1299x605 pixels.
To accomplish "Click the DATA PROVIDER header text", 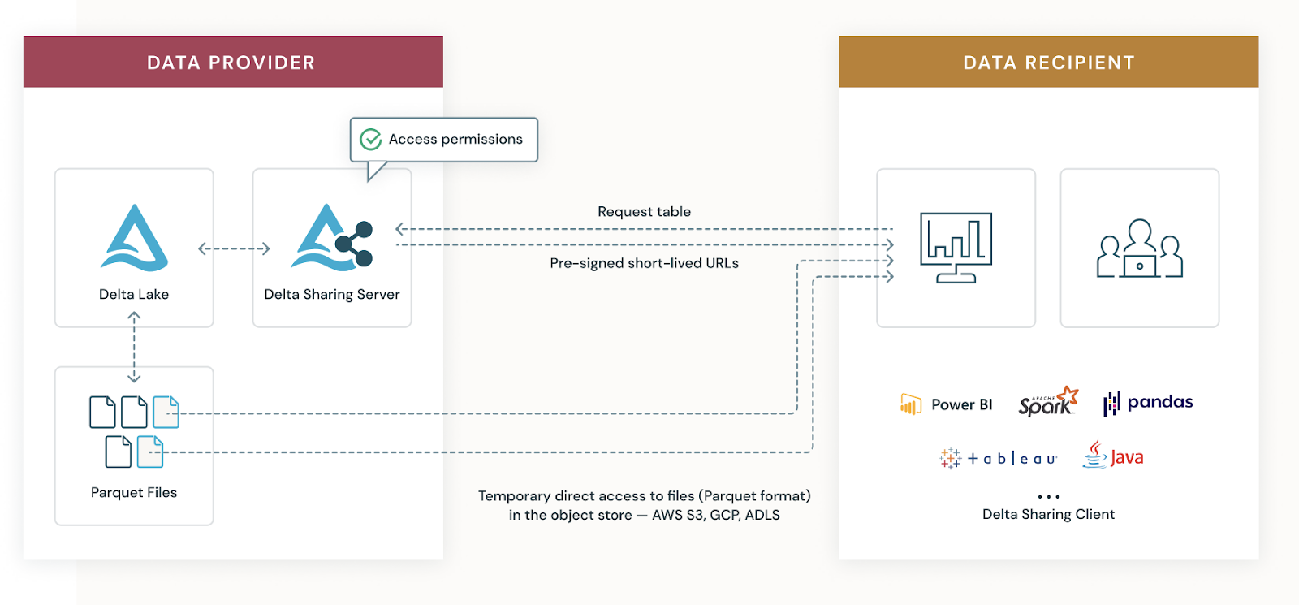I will pos(231,63).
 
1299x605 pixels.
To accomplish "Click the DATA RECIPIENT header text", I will pos(1048,63).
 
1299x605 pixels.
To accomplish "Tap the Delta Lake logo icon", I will pos(134,238).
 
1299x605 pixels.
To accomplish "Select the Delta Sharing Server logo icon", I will pos(332,238).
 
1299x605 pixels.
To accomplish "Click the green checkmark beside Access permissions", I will pos(371,140).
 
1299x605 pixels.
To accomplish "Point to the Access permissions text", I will pos(455,140).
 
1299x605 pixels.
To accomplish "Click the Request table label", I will pos(644,212).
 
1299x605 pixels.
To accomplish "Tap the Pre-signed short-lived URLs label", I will pos(644,263).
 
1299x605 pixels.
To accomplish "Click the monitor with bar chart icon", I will pos(956,247).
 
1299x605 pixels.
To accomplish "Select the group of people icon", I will pos(1139,248).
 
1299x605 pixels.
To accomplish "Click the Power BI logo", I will pos(947,404).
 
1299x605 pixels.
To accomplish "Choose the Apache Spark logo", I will pos(1048,402).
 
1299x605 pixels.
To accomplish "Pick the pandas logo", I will pos(1148,403).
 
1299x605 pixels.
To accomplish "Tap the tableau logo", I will pos(999,459).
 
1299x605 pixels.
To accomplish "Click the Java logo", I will pos(1113,456).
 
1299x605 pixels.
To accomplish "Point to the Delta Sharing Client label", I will pos(1048,514).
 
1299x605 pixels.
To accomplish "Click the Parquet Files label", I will pos(134,493).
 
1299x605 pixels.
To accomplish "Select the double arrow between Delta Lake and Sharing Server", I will pos(234,248).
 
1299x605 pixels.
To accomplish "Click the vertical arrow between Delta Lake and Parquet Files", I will pos(134,347).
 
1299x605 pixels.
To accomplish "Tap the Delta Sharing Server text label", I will pos(332,295).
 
